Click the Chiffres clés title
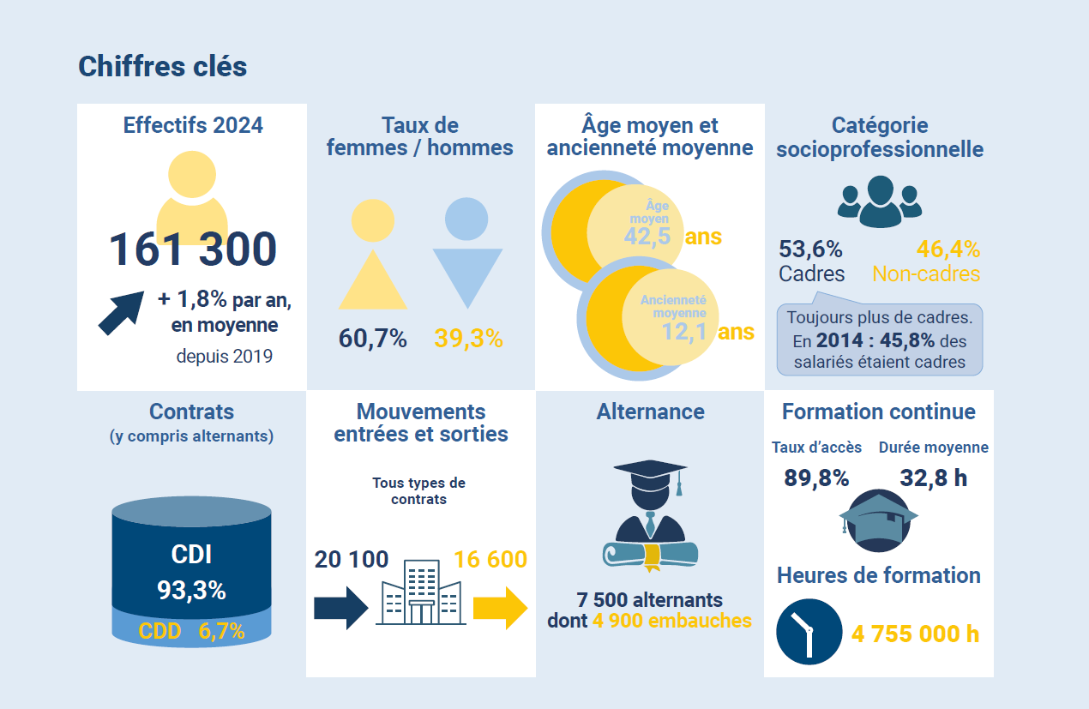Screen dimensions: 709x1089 163,67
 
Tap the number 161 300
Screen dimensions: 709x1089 193,249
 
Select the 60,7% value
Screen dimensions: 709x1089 373,339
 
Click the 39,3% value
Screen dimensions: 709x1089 468,339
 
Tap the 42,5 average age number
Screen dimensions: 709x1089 647,237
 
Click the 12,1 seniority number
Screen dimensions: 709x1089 684,331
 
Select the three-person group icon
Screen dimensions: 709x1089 879,202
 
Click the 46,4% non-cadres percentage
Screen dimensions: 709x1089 948,249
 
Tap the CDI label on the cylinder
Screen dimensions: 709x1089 191,555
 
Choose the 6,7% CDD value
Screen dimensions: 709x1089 222,632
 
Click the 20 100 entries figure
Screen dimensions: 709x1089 352,560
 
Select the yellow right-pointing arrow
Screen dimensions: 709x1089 501,608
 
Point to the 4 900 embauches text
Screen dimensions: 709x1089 671,621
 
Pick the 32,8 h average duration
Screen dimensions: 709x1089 934,478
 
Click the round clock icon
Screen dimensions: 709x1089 809,632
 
